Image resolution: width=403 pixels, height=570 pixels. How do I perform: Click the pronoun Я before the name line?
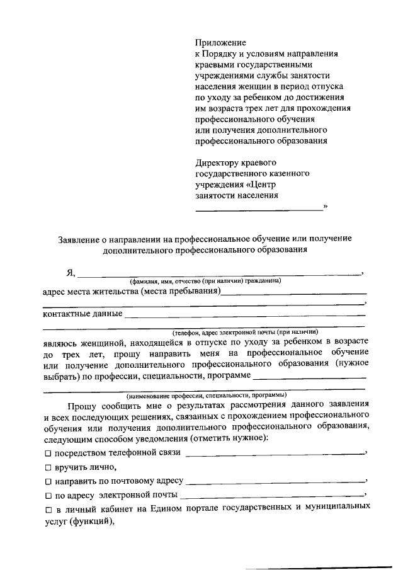(x=71, y=273)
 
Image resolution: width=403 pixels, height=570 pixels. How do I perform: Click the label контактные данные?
(x=82, y=313)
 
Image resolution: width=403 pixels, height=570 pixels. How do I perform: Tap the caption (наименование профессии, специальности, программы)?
(x=205, y=396)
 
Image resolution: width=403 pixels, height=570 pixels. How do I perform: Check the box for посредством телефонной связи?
(x=48, y=453)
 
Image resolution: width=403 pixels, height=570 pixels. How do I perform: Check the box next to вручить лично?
(x=48, y=467)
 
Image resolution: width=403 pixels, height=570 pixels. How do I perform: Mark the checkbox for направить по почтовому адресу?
(x=48, y=481)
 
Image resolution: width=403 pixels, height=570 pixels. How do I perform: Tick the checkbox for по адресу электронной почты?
(x=48, y=495)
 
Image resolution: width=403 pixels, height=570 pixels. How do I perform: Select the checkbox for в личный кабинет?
(x=48, y=509)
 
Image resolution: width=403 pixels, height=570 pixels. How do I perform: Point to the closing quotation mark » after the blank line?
(x=325, y=206)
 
